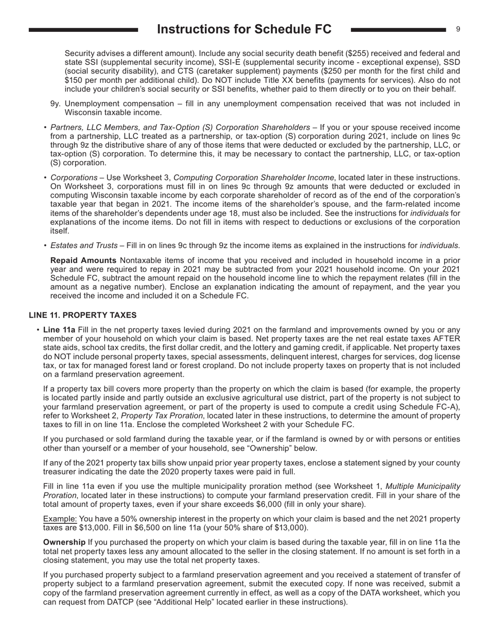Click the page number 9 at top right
(x=458, y=29)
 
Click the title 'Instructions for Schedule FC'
(x=244, y=29)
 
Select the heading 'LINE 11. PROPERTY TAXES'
(x=82, y=315)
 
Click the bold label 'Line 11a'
(x=59, y=329)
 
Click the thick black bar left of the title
(x=83, y=30)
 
